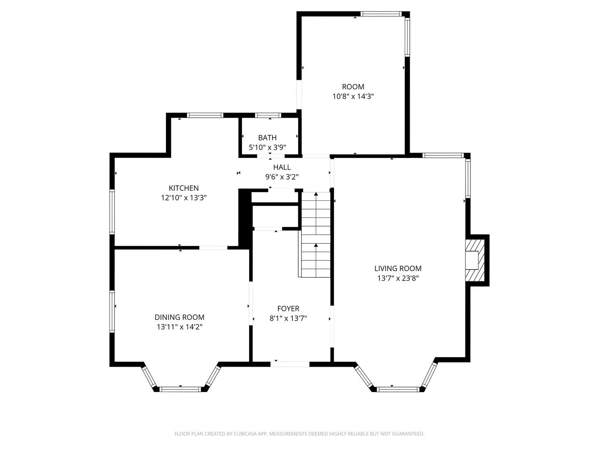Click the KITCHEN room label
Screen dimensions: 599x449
(x=183, y=188)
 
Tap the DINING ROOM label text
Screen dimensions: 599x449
(x=179, y=317)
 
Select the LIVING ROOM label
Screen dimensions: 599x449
(x=398, y=269)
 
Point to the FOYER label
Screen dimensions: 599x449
(x=288, y=308)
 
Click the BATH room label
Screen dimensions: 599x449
(x=267, y=138)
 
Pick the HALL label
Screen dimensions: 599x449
(x=282, y=167)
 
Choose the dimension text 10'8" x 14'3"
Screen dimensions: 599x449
(x=353, y=96)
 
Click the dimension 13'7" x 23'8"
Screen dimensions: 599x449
(x=398, y=278)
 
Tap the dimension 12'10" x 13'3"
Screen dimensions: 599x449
(x=183, y=197)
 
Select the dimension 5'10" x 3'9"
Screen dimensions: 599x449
(x=267, y=148)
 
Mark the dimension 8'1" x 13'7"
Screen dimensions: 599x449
(x=288, y=318)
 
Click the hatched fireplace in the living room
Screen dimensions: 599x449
(x=475, y=260)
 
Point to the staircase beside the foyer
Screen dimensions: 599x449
(x=316, y=235)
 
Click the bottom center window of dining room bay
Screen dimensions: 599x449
(x=180, y=389)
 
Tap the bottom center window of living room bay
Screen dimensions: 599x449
(x=398, y=389)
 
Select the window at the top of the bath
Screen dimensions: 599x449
(x=268, y=115)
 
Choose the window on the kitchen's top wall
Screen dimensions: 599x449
(x=205, y=115)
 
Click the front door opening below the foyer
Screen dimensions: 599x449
(x=290, y=364)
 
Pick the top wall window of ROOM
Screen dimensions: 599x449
(x=381, y=14)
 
